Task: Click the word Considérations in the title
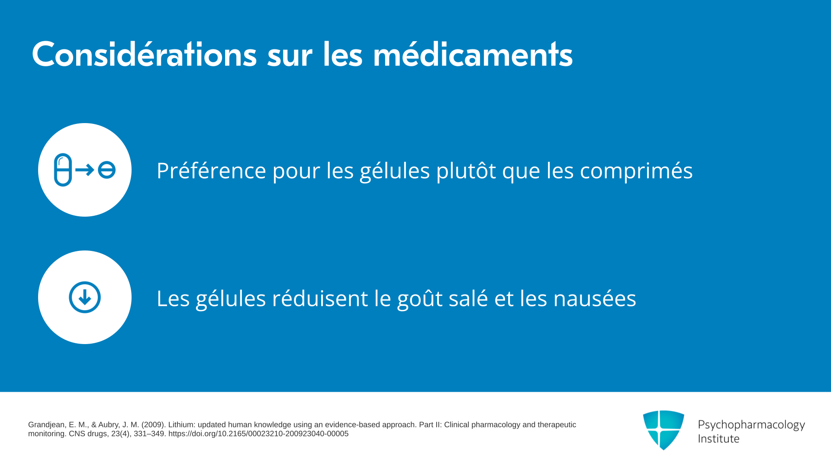[144, 54]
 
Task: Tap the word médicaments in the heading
[473, 54]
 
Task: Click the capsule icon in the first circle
[63, 170]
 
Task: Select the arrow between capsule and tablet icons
[85, 170]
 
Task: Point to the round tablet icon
[106, 170]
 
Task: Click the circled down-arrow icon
[85, 297]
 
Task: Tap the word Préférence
[211, 170]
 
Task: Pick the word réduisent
[320, 298]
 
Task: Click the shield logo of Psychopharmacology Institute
[664, 430]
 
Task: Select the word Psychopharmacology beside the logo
[751, 425]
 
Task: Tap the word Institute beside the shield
[718, 439]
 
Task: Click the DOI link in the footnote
[258, 434]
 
